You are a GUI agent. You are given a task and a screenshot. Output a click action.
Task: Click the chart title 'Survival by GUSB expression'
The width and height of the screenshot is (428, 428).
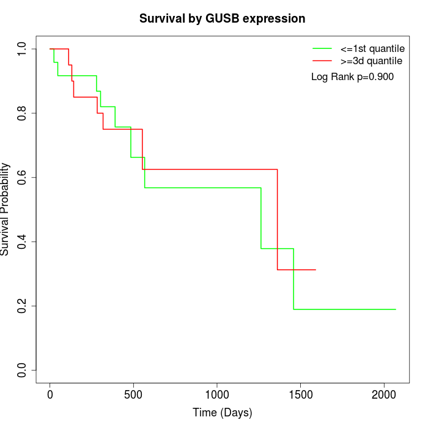(x=222, y=18)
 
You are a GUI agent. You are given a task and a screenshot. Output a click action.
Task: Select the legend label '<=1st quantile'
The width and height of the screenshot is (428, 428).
(x=372, y=48)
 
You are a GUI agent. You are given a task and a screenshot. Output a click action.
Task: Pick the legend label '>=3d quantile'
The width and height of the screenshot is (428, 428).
(x=371, y=61)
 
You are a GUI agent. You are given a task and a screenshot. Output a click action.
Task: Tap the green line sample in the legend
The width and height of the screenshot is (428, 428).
(x=322, y=48)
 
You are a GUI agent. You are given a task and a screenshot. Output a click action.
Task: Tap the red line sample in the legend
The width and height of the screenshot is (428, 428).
(x=322, y=61)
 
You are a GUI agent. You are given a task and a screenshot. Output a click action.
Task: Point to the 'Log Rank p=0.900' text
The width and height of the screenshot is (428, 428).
(x=352, y=76)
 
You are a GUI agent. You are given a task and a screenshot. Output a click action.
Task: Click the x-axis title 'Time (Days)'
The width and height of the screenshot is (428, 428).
(x=222, y=413)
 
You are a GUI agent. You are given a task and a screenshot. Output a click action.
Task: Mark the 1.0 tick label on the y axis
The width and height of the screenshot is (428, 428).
(x=22, y=49)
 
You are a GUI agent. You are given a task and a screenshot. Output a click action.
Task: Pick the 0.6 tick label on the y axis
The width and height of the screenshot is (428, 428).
(x=22, y=177)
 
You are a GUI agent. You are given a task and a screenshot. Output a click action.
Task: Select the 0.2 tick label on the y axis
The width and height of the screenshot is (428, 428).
(x=22, y=306)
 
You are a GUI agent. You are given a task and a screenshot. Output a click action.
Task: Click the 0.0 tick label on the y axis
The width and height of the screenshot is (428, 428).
(x=22, y=370)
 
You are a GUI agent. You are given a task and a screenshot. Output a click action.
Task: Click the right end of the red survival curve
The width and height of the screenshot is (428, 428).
(x=315, y=270)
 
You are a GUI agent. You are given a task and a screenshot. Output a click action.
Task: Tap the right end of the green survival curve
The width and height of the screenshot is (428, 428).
(x=396, y=309)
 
